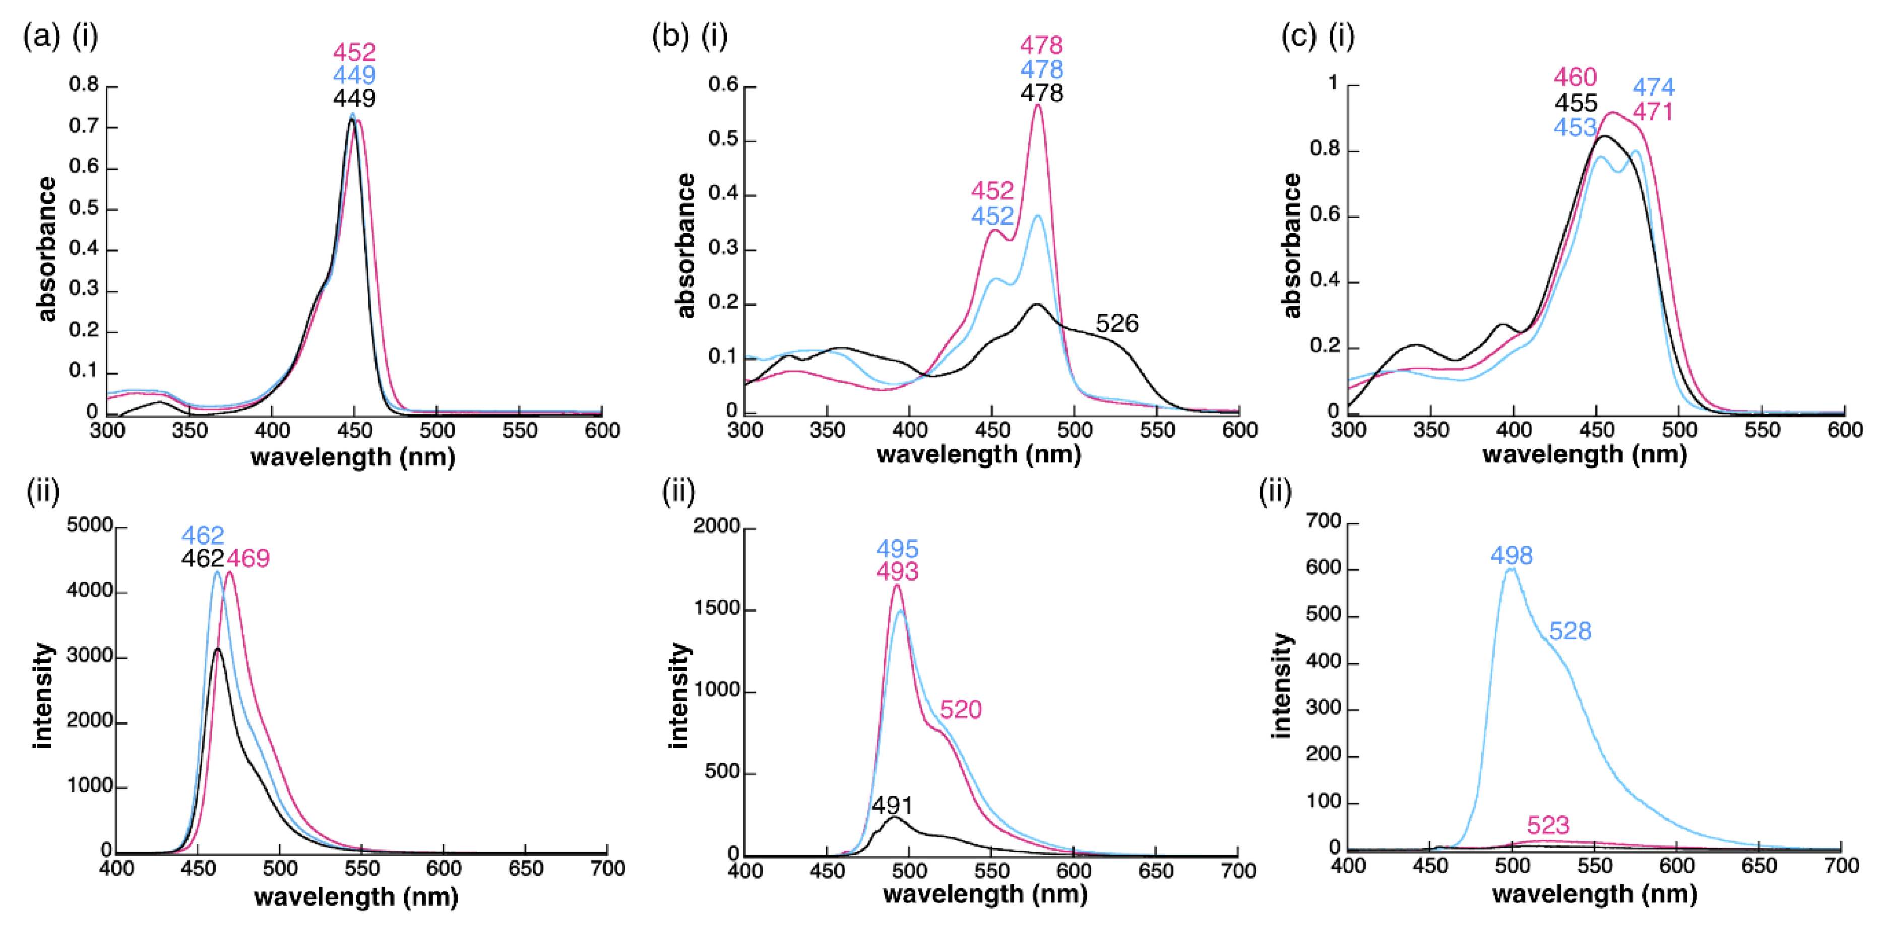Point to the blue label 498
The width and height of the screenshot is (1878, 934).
[x=1511, y=556]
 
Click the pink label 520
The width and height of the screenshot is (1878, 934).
[x=960, y=709]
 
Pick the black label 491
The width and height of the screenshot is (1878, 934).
[x=892, y=806]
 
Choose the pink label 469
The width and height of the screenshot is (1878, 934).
[x=248, y=559]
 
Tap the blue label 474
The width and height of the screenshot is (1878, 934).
[x=1653, y=88]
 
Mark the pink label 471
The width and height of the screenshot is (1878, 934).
[x=1652, y=112]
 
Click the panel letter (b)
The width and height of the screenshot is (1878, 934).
[x=670, y=35]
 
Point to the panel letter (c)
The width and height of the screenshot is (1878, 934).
[x=1298, y=35]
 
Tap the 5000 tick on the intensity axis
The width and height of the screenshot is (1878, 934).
[x=89, y=525]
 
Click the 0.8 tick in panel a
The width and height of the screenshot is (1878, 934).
[x=83, y=85]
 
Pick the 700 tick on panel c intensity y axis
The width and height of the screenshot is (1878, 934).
[x=1323, y=522]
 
